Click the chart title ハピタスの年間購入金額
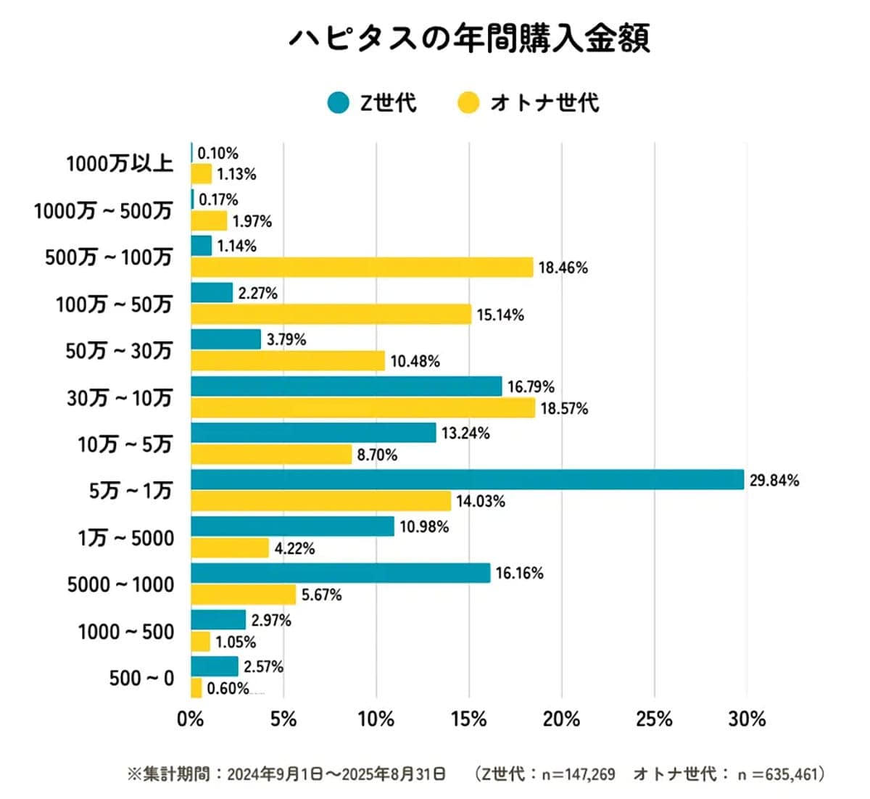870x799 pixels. [469, 38]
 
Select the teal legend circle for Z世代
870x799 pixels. [338, 103]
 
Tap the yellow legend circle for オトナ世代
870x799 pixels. [468, 103]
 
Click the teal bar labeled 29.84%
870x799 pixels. [467, 480]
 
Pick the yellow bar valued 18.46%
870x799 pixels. [362, 268]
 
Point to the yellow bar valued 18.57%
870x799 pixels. [362, 408]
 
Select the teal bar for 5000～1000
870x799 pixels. [340, 574]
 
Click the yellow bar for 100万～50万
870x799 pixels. [331, 315]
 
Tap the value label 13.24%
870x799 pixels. [465, 434]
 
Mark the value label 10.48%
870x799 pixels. [415, 361]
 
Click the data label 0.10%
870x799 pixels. [217, 153]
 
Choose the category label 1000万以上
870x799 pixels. [120, 164]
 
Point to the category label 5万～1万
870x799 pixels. [130, 492]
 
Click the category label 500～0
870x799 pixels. [141, 679]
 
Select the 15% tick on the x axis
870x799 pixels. [468, 719]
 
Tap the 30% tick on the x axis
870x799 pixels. [747, 719]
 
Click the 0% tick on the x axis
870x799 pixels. [191, 719]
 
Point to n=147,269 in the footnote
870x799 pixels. [578, 774]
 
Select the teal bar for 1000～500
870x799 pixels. [218, 620]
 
